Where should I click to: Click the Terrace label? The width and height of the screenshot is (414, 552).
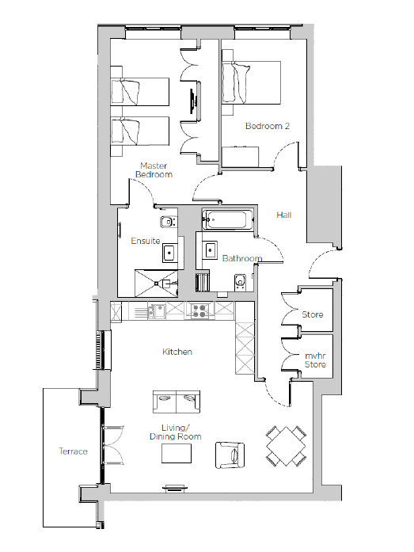(x=73, y=451)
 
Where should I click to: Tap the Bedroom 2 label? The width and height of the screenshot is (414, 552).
(x=268, y=126)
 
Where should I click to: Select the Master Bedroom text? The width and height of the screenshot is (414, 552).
(x=154, y=170)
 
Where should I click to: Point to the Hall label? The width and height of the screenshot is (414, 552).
(x=284, y=215)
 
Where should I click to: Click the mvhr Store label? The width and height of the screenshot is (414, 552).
(x=315, y=360)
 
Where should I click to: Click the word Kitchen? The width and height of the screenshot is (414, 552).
(x=177, y=352)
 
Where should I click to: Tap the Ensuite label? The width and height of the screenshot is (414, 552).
(x=146, y=241)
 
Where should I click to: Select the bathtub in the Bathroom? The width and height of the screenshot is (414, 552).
(x=227, y=220)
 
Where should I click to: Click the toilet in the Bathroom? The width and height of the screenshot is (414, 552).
(x=240, y=283)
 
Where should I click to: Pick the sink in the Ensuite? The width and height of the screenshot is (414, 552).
(x=170, y=253)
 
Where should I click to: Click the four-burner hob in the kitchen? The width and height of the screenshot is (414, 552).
(x=199, y=310)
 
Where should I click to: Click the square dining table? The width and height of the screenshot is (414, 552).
(x=286, y=446)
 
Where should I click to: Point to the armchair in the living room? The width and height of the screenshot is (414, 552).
(x=230, y=455)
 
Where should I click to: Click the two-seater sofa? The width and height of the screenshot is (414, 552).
(x=177, y=402)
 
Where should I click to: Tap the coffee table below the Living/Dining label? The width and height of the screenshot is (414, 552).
(x=177, y=454)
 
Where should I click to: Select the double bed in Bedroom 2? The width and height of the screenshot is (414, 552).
(x=252, y=82)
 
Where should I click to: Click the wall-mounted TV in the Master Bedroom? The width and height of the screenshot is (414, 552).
(x=193, y=101)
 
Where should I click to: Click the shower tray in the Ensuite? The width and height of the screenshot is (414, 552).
(x=157, y=283)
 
